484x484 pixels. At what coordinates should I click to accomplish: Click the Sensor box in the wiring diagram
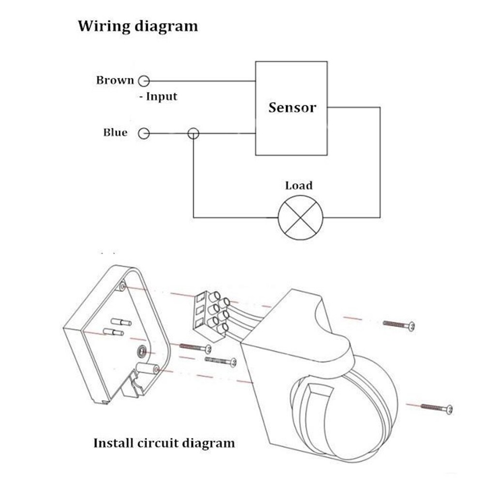click(x=291, y=108)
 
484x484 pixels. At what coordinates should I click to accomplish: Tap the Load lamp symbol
click(x=300, y=217)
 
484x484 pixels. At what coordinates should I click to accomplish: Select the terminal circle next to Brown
click(x=144, y=81)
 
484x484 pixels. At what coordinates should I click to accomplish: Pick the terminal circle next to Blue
click(x=144, y=133)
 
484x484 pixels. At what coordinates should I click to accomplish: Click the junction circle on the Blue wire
click(x=193, y=133)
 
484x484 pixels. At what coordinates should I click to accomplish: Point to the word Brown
click(x=115, y=80)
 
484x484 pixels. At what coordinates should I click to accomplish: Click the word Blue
click(x=115, y=133)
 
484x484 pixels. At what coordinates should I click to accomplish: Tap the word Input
click(x=162, y=97)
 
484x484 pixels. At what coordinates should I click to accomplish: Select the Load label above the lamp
click(x=299, y=185)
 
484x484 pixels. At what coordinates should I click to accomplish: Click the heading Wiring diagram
click(x=138, y=26)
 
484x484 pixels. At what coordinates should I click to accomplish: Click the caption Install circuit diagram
click(x=164, y=443)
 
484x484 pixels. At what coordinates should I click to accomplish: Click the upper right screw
click(x=399, y=325)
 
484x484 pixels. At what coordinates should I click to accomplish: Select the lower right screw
click(x=437, y=408)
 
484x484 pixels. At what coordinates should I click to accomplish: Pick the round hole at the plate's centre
click(x=141, y=349)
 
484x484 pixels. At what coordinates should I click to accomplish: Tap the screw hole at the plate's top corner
click(x=123, y=287)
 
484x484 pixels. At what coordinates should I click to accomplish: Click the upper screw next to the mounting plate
click(x=196, y=347)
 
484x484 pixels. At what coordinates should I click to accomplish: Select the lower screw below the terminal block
click(x=220, y=360)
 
